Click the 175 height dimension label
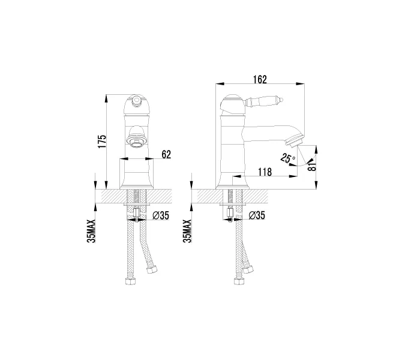(102, 140)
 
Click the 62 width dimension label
(166, 155)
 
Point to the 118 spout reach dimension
(265, 172)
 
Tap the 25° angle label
(287, 158)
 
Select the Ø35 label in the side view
(256, 215)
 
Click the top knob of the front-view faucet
(137, 99)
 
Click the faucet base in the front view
(137, 177)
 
